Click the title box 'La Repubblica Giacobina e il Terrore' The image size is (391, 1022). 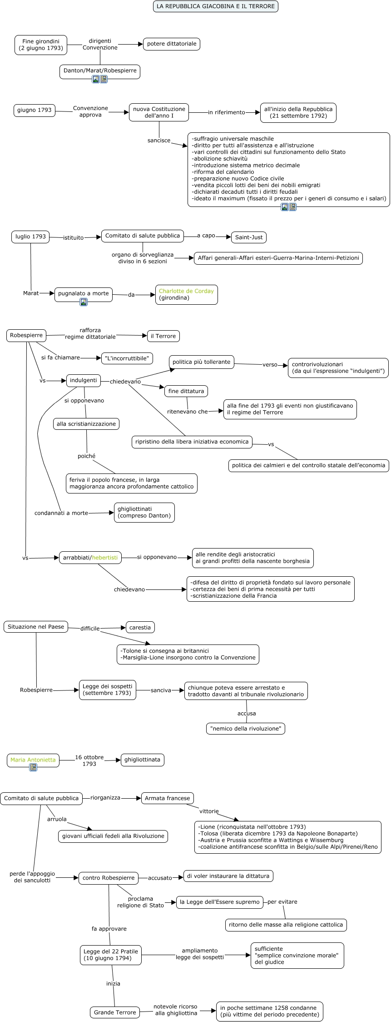[x=216, y=6]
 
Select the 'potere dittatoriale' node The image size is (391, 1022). [x=172, y=44]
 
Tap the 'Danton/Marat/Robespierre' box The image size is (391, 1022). [x=100, y=71]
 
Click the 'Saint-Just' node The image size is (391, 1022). [x=249, y=237]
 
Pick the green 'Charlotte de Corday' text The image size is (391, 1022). [x=186, y=291]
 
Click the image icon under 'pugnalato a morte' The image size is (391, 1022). [x=84, y=302]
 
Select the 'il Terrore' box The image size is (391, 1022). [x=163, y=336]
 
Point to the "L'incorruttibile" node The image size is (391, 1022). [x=127, y=358]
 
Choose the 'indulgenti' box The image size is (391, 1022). [x=84, y=381]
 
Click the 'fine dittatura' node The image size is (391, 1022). [x=186, y=391]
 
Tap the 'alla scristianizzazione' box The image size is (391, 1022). [x=86, y=424]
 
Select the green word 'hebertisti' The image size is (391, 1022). [x=105, y=558]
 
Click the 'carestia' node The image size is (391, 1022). [x=140, y=628]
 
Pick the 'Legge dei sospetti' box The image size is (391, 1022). [x=108, y=690]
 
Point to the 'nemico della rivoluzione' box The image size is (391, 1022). [x=246, y=729]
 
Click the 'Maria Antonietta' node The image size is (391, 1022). [x=33, y=760]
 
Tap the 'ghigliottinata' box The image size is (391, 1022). [x=143, y=760]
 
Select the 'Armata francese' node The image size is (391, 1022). [x=168, y=798]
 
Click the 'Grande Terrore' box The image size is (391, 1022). [x=115, y=1012]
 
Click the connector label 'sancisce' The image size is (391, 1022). [x=159, y=141]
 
